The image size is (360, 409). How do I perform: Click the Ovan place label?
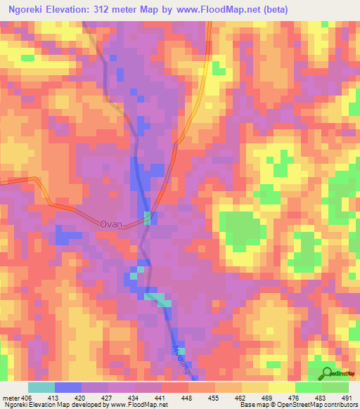111,224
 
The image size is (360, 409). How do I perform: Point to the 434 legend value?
135,398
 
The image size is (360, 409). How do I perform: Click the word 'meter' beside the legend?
11,398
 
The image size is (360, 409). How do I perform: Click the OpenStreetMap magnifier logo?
328,373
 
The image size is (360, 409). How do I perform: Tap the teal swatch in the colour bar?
41,387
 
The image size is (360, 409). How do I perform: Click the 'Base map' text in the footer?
252,405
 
